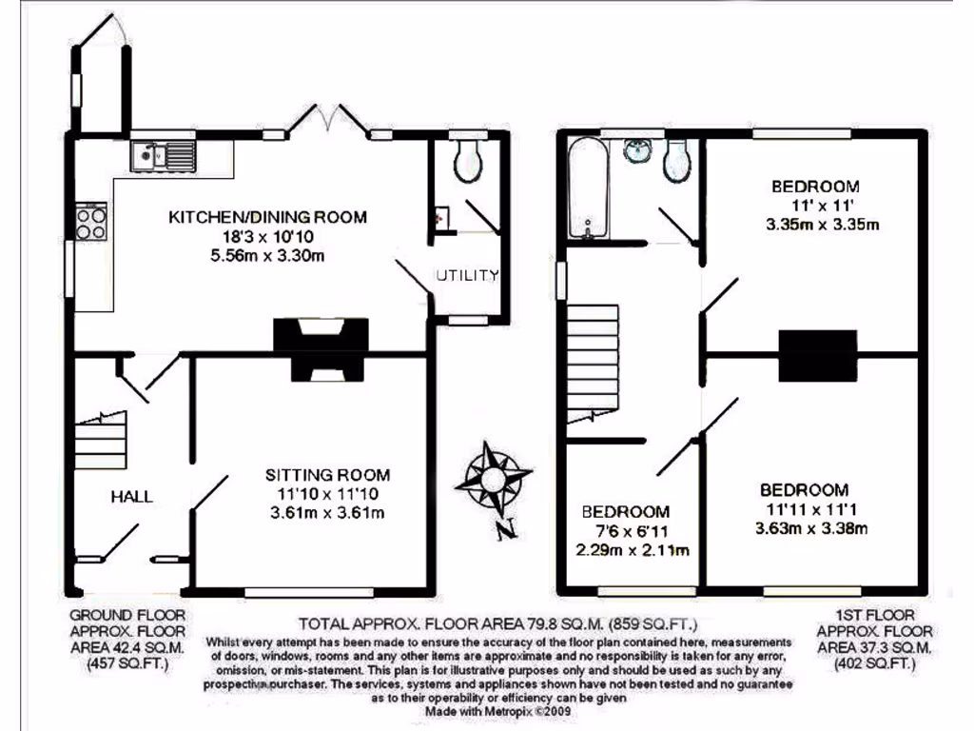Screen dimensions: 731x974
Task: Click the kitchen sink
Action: pos(161,153)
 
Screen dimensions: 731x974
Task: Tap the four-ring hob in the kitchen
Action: pos(91,222)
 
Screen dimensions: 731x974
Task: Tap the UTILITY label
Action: pos(468,276)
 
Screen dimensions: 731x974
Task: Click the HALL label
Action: pos(131,496)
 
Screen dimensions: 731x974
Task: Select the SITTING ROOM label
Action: pos(327,474)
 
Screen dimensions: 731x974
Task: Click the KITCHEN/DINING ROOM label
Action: pos(267,217)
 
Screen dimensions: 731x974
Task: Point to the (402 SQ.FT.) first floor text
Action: pos(875,664)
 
